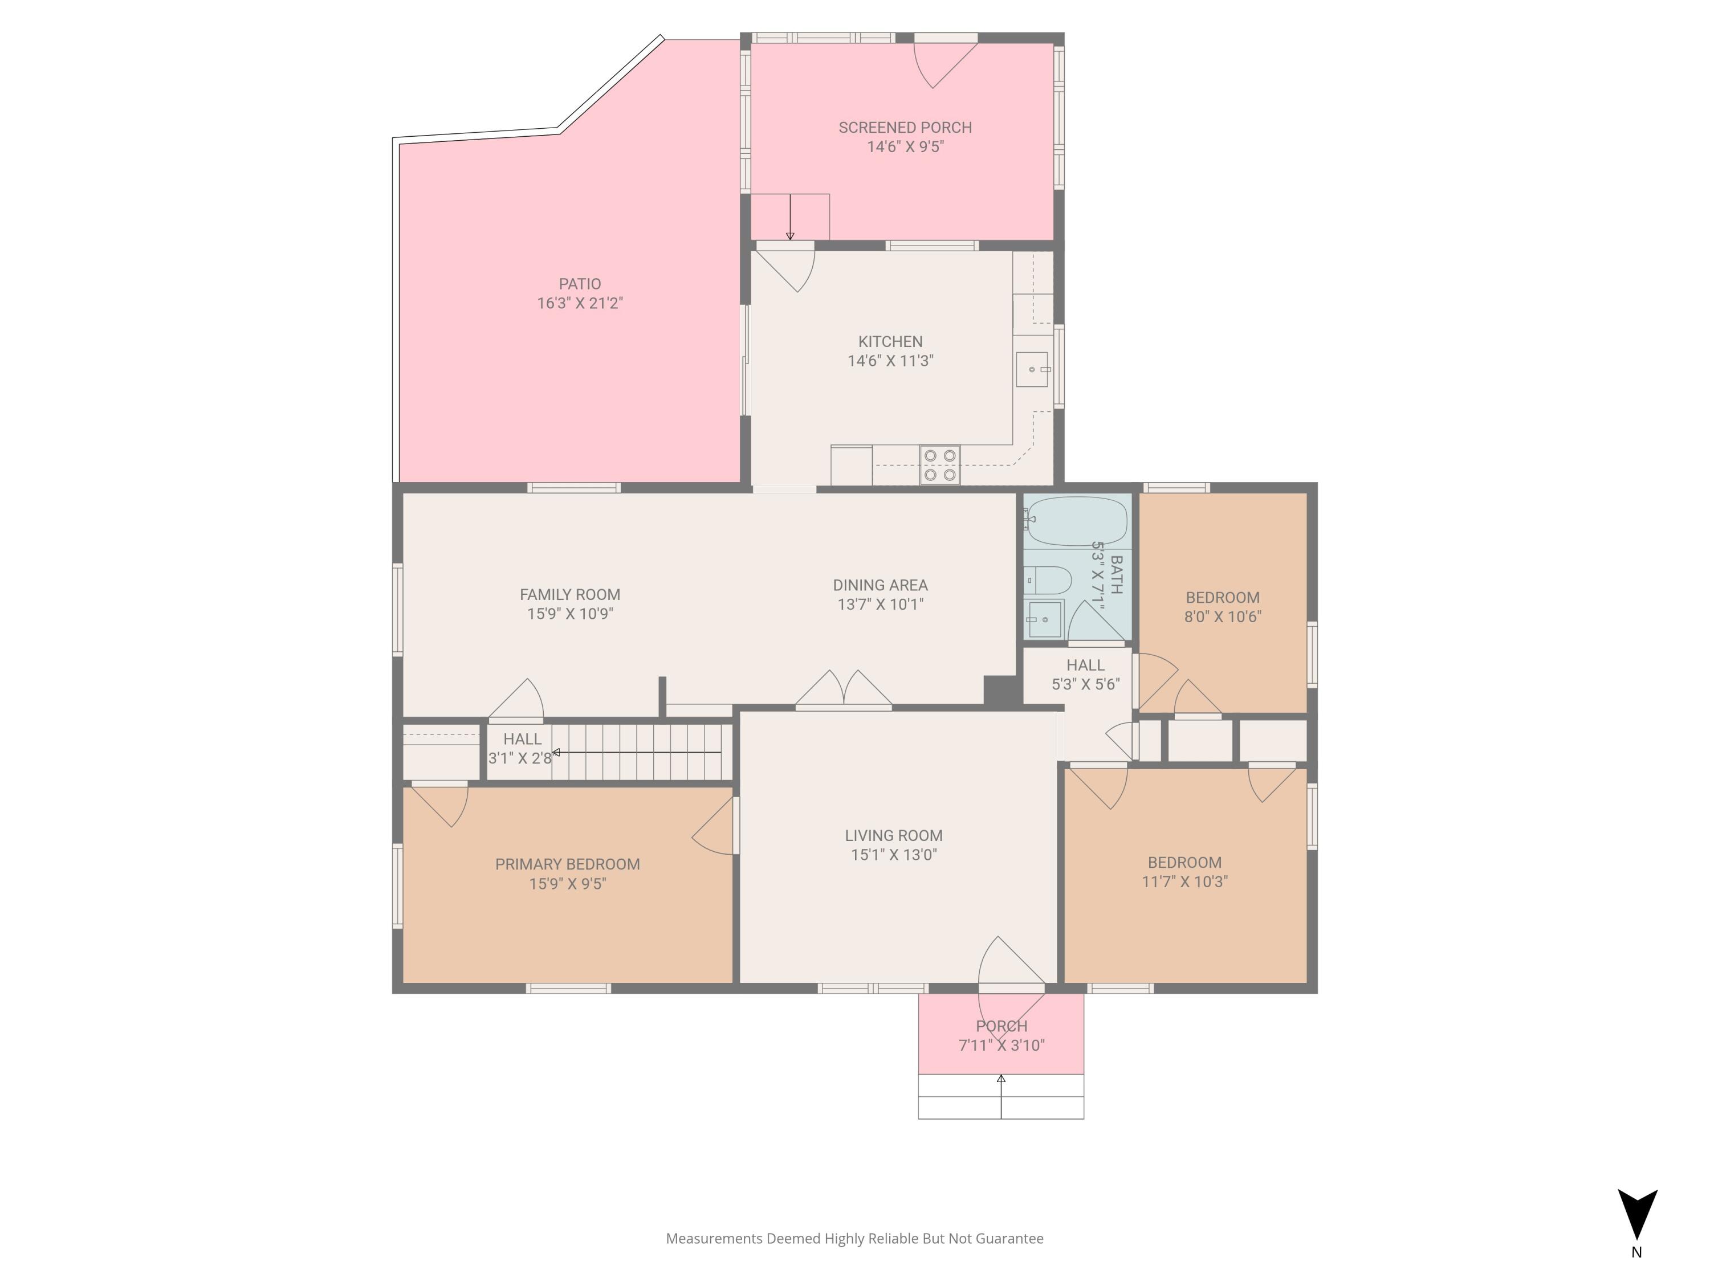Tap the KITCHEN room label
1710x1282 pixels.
[890, 341]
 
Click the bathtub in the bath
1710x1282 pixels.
[1076, 521]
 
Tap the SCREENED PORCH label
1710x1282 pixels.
[905, 128]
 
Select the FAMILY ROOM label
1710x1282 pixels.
[570, 594]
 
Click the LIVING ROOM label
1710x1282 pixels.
[894, 835]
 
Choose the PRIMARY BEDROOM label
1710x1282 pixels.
[567, 864]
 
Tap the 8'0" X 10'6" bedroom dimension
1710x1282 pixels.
[1223, 616]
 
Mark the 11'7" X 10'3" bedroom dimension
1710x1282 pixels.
[1185, 881]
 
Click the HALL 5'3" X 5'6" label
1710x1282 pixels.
[1085, 675]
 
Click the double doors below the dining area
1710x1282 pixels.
[844, 689]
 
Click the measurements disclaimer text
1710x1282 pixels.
[855, 1239]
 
